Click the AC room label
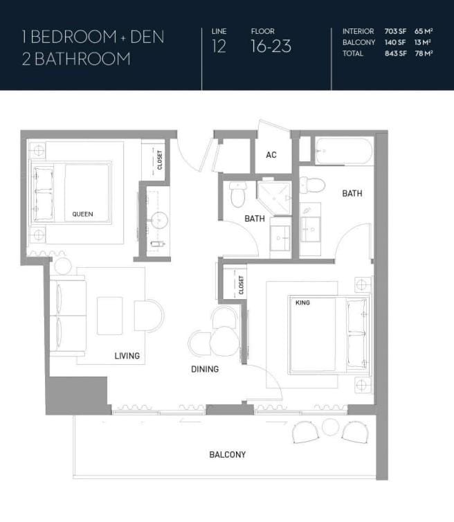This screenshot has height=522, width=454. click(x=271, y=155)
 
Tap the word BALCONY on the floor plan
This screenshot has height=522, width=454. click(x=227, y=454)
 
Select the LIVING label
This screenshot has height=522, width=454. click(x=127, y=356)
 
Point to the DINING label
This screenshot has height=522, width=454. click(x=205, y=369)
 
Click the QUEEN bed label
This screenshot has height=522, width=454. click(x=82, y=214)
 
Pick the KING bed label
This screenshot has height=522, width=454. click(x=302, y=303)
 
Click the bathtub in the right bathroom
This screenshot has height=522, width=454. click(x=343, y=151)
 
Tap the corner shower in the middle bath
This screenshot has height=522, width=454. click(x=274, y=198)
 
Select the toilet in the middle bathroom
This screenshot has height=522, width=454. click(x=237, y=195)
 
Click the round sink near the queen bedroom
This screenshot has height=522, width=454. click(x=159, y=220)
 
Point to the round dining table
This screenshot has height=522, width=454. click(x=224, y=341)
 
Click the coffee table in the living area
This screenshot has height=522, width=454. click(x=109, y=316)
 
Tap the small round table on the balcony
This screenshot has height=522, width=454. click(x=331, y=426)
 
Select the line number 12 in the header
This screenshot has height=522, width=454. click(x=219, y=46)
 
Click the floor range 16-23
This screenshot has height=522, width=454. click(x=271, y=46)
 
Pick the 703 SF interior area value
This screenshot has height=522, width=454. click(x=395, y=31)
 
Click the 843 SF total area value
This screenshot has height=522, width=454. click(x=396, y=53)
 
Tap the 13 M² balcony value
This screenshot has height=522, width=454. click(x=423, y=42)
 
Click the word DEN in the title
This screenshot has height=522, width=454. click(x=147, y=37)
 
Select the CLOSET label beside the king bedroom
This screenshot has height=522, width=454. click(x=241, y=285)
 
